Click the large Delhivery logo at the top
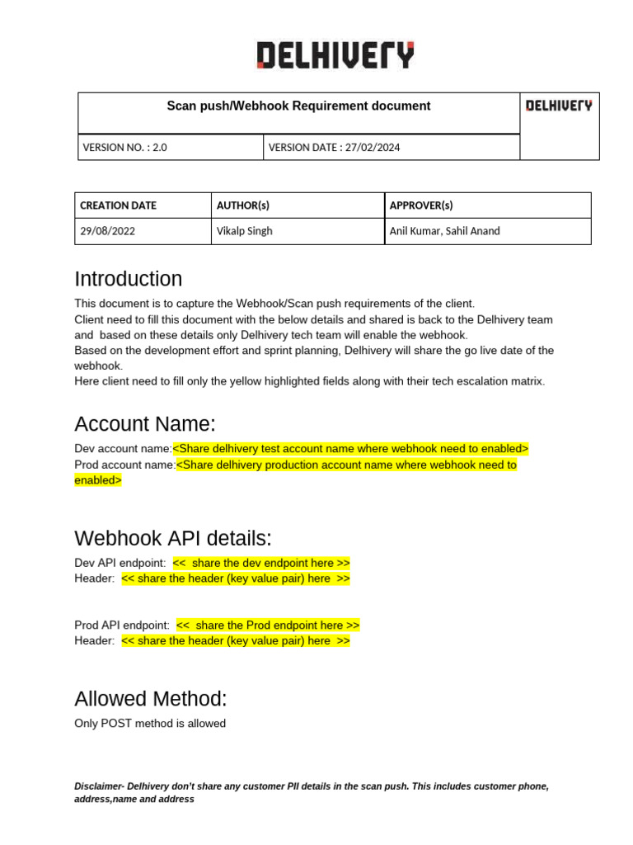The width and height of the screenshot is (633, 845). click(335, 55)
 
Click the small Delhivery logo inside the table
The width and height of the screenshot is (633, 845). click(559, 106)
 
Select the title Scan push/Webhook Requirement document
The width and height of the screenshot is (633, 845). click(298, 106)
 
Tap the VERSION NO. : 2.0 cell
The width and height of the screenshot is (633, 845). click(124, 148)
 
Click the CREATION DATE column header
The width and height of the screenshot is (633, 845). click(118, 205)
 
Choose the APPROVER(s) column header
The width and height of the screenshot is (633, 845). click(421, 205)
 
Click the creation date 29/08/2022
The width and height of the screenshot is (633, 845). click(107, 231)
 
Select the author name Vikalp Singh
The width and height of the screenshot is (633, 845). click(244, 231)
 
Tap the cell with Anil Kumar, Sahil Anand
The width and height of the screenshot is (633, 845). click(444, 231)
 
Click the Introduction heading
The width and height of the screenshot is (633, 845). click(128, 279)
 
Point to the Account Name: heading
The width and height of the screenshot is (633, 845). click(144, 424)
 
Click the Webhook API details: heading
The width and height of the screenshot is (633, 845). click(172, 538)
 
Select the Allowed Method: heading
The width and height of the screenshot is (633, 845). click(150, 699)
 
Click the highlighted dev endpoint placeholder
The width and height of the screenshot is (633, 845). click(261, 563)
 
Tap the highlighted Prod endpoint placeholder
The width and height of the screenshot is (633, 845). click(268, 625)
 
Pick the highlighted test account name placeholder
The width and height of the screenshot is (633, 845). click(350, 448)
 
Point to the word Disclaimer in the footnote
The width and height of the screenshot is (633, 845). click(99, 786)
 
